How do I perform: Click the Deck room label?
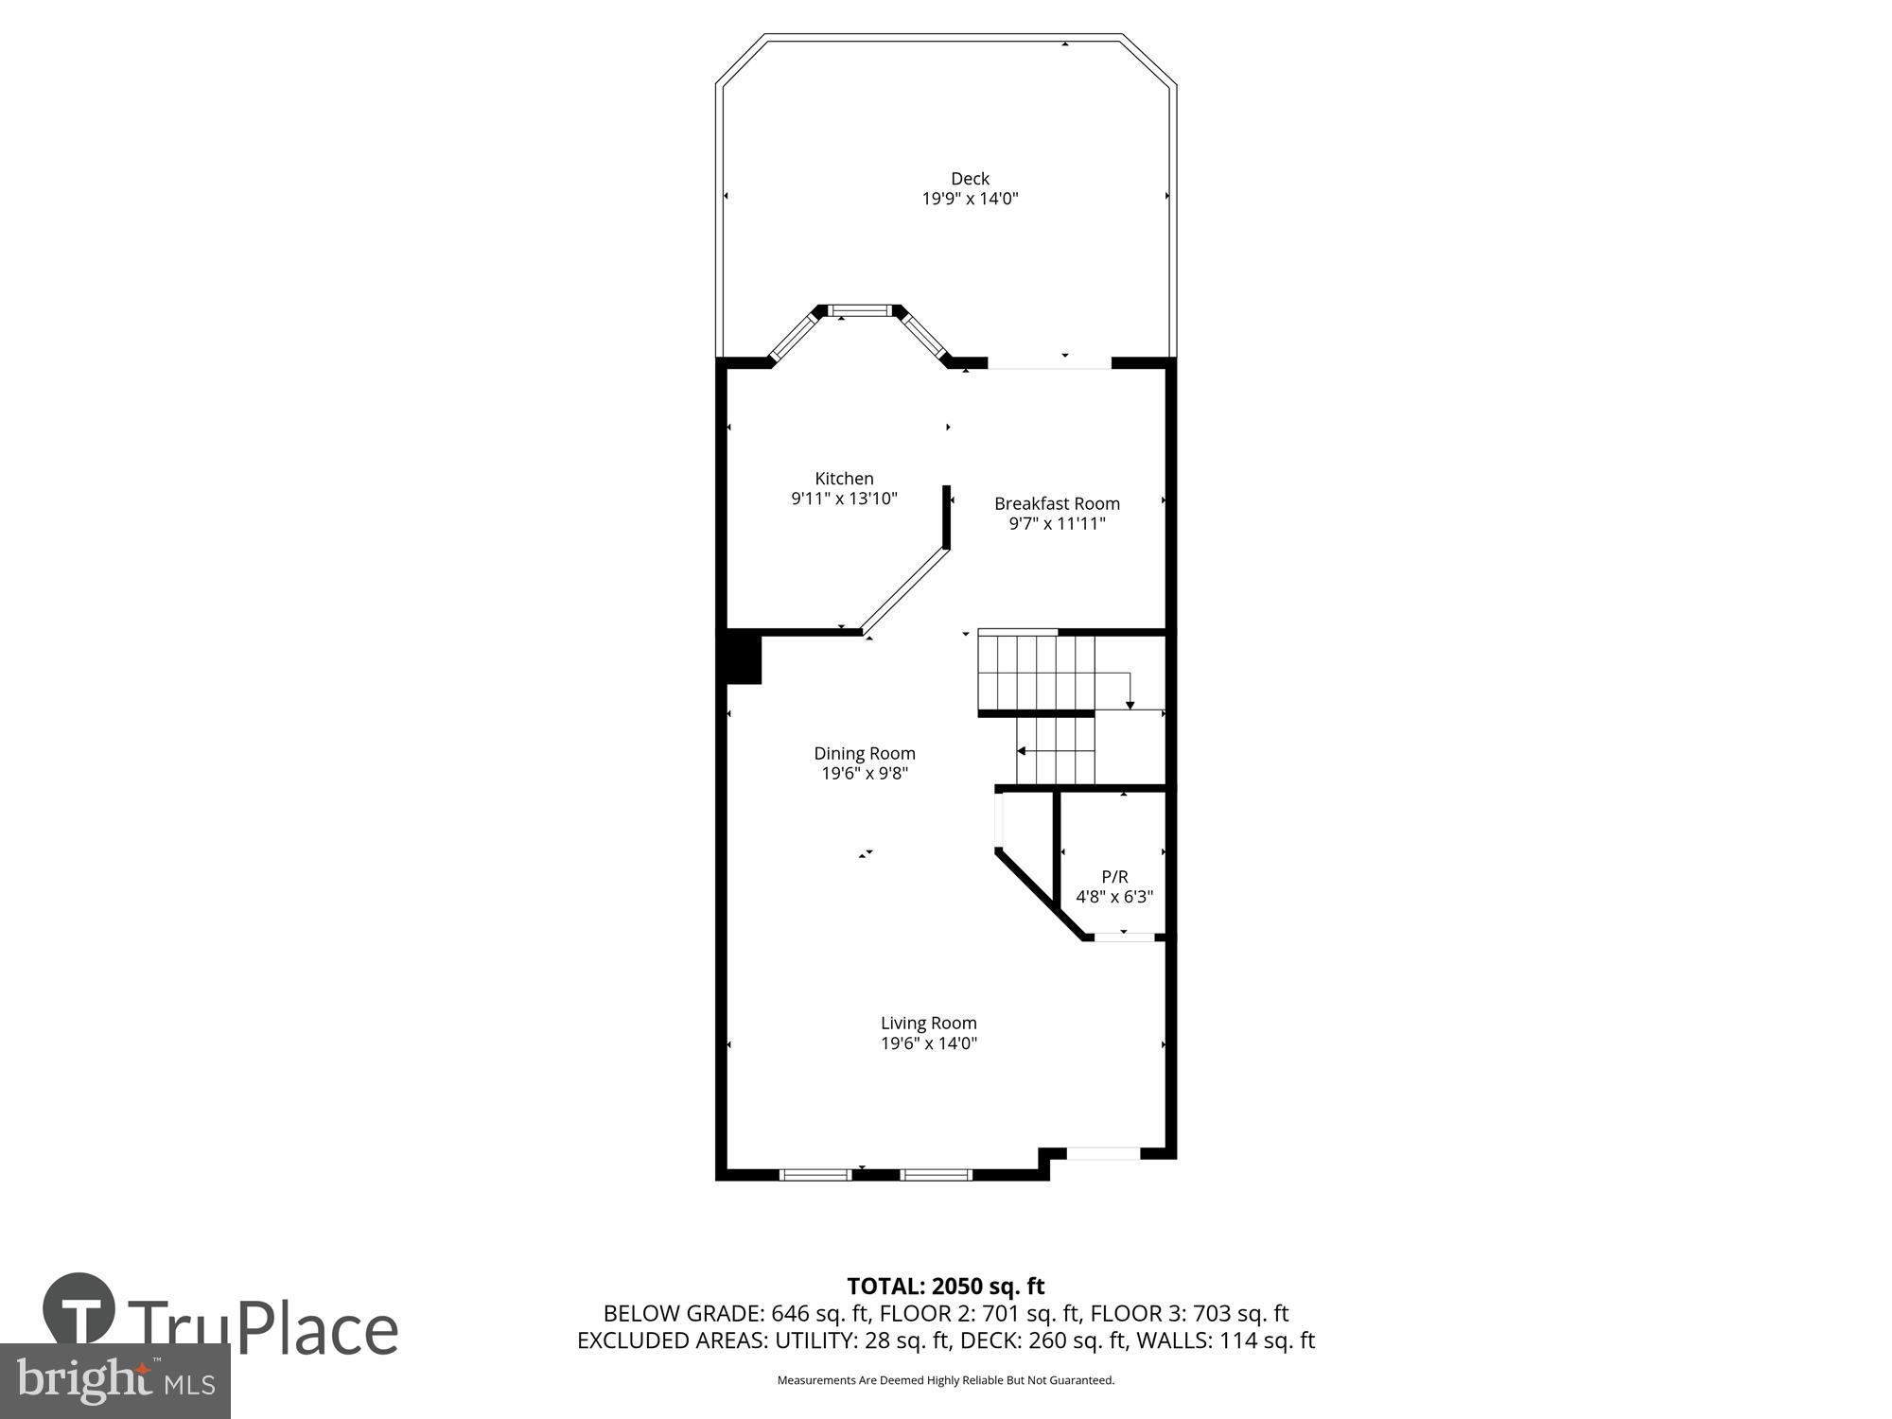(970, 179)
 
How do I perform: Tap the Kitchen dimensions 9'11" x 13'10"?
(844, 499)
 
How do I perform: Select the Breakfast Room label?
(1057, 503)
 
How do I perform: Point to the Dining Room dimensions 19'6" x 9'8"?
(865, 774)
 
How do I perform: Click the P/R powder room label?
(1114, 877)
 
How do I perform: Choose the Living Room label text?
(928, 1023)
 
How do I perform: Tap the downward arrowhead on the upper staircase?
(1130, 705)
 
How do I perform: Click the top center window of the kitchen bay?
(860, 309)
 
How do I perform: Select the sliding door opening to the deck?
(1049, 364)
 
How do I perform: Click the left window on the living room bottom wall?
(815, 1174)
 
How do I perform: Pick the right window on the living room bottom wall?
(936, 1174)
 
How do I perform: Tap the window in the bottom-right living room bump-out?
(1103, 1153)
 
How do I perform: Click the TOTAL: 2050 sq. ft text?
(945, 1286)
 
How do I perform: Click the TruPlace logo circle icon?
(79, 1309)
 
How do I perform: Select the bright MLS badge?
(114, 1381)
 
